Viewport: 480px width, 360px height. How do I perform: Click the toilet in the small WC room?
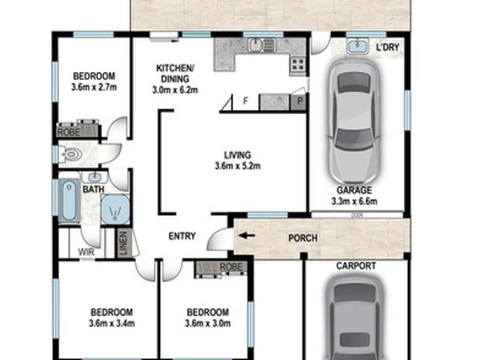click(x=71, y=154)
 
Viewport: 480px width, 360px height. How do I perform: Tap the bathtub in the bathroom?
click(x=69, y=200)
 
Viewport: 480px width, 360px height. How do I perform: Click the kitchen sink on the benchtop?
click(x=262, y=45)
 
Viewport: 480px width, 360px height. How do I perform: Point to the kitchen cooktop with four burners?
click(x=297, y=65)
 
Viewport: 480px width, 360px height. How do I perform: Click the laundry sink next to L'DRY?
click(x=357, y=46)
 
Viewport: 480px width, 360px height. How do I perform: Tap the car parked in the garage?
click(x=354, y=123)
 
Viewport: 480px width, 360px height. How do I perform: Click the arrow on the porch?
click(x=247, y=236)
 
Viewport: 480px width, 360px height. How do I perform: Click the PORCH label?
click(x=303, y=238)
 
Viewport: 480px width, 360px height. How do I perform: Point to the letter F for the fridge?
click(x=245, y=101)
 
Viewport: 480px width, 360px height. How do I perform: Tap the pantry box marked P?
click(x=299, y=101)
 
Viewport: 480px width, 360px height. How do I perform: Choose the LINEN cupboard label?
click(x=123, y=243)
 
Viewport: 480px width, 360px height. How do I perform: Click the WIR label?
click(x=86, y=252)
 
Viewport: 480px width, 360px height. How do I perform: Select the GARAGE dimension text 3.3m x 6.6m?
click(x=354, y=201)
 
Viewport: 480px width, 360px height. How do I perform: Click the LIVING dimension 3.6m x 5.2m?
click(x=238, y=166)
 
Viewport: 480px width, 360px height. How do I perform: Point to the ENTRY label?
click(x=182, y=236)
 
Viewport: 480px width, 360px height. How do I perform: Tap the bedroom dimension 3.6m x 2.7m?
click(x=94, y=87)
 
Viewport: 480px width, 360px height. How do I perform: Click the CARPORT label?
click(x=356, y=266)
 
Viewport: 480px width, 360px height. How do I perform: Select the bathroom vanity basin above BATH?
click(x=95, y=177)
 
